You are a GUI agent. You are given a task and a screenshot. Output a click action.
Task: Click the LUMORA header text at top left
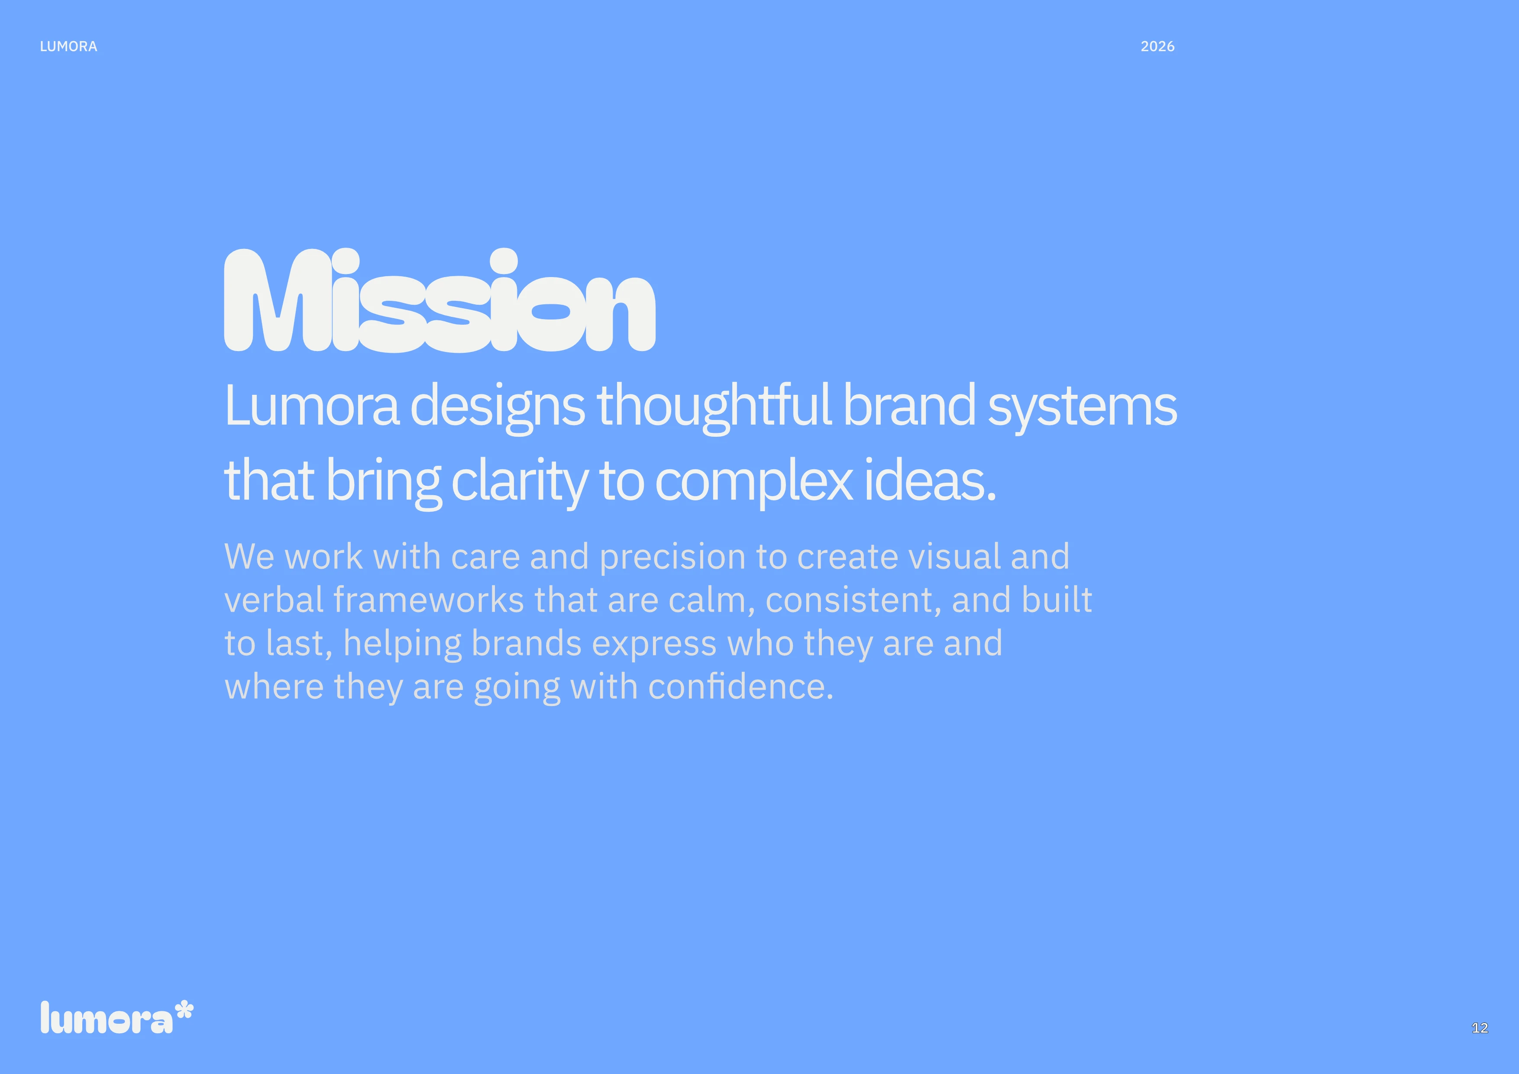pyautogui.click(x=68, y=46)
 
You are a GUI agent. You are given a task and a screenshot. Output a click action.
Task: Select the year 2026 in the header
pyautogui.click(x=1157, y=46)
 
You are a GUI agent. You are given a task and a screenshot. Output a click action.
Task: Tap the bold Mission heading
pyautogui.click(x=440, y=301)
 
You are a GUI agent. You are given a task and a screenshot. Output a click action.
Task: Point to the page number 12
pyautogui.click(x=1479, y=1028)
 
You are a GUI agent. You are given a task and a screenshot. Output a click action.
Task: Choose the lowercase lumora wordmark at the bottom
pyautogui.click(x=106, y=1019)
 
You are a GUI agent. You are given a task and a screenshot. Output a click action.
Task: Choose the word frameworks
pyautogui.click(x=429, y=600)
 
